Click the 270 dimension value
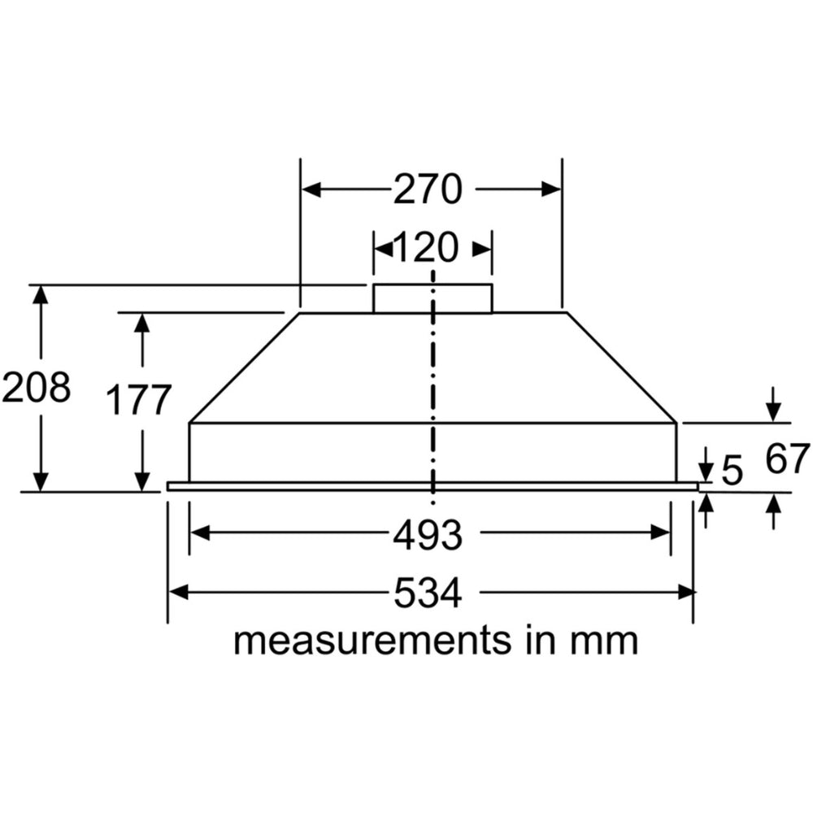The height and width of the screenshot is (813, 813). point(428,189)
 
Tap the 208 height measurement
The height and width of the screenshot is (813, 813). point(36,388)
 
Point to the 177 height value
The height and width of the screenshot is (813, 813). point(141,400)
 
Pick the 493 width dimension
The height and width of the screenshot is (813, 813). point(428,534)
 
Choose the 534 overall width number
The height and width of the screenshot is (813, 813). point(428,593)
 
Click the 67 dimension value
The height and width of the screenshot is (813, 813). point(788,459)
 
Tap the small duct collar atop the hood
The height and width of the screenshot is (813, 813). point(433,298)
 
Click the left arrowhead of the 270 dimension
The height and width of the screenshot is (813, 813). point(310,189)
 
